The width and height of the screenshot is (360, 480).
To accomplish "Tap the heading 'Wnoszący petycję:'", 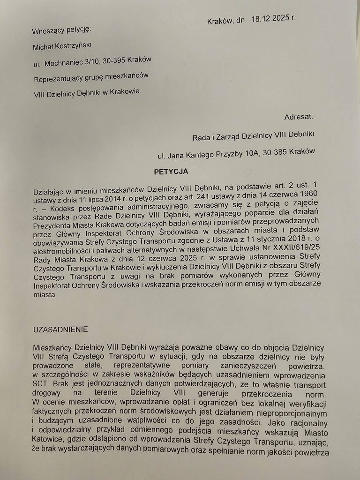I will coord(61,31).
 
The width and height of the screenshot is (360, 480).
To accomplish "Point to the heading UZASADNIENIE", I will coord(60,330).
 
